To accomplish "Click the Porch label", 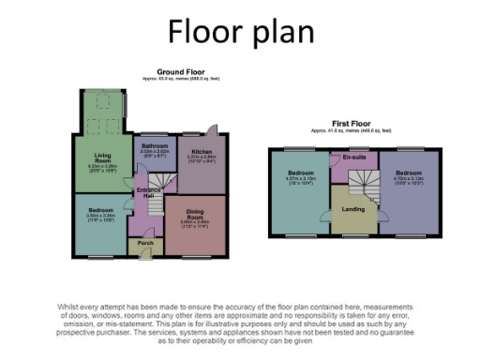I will (145, 243).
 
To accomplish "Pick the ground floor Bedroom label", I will (100, 211).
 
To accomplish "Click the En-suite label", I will (353, 157).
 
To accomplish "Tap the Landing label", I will (353, 209).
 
